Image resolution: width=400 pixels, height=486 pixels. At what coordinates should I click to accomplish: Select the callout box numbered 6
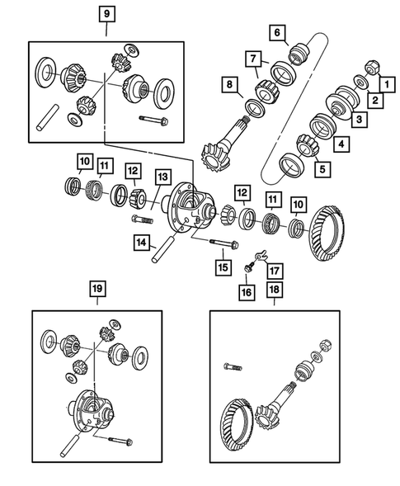pos(278,33)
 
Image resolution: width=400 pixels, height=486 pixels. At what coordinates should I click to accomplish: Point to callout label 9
pos(106,14)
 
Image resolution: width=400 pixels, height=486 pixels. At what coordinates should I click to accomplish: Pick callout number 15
pos(221,267)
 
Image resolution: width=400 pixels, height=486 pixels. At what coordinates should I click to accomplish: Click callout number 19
pos(96,288)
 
